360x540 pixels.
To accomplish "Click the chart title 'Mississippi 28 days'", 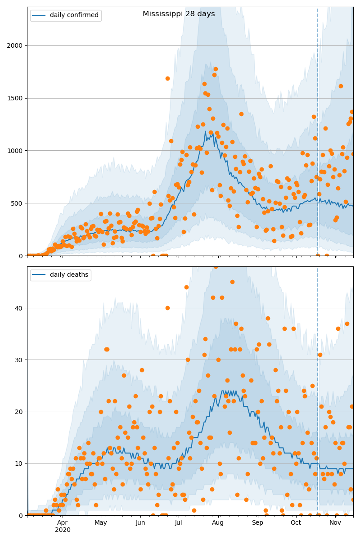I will tap(179, 14).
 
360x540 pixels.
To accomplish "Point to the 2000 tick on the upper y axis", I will tap(17, 45).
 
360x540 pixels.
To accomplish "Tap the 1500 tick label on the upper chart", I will tap(17, 98).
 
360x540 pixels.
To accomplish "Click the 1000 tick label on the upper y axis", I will tap(17, 151).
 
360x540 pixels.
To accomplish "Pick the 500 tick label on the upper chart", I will tap(18, 203).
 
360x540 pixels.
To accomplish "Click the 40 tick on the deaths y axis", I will tap(20, 308).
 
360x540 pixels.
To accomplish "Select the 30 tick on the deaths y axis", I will tap(20, 360).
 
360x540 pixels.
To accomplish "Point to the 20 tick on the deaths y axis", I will tap(20, 412).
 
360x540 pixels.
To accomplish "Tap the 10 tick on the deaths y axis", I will tap(20, 463).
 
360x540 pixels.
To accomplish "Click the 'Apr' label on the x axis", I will tap(63, 523).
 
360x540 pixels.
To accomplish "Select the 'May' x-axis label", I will tap(101, 523).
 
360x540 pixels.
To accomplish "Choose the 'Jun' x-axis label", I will tap(140, 523).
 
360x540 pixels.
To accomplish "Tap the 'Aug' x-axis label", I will tap(218, 523).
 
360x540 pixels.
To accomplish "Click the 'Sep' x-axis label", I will tap(257, 523).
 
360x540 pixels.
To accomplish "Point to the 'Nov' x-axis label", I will tap(335, 523).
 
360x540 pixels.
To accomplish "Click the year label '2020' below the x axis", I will tap(63, 530).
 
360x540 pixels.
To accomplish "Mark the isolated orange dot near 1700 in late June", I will tap(167, 78).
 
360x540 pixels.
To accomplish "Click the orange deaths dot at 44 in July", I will tap(186, 287).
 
